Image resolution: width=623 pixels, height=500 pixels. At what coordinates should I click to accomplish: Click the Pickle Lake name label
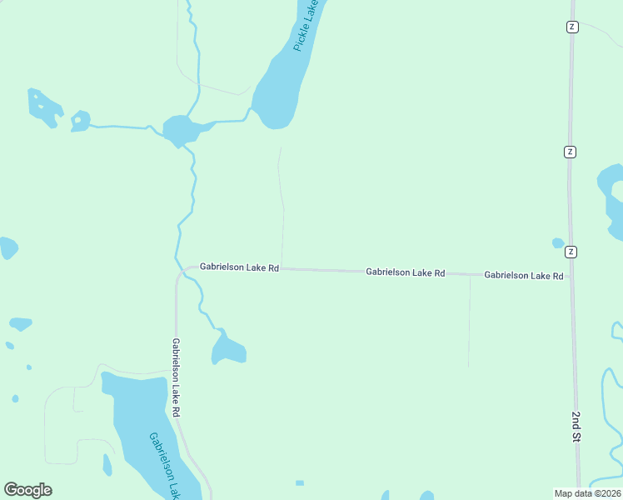coord(307,27)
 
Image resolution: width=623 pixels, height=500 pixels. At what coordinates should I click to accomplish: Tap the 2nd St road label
coord(576,426)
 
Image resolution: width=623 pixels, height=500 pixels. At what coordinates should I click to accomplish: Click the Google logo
coord(27,490)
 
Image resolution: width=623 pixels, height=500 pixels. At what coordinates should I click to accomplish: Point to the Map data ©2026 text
coord(587,493)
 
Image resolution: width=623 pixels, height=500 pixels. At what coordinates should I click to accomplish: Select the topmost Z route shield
coord(571,27)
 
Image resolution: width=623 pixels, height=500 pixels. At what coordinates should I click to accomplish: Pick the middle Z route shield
coord(570,152)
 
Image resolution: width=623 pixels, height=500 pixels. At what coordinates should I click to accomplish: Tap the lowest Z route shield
coord(571,252)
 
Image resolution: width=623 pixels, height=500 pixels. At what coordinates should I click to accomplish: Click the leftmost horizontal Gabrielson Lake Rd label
coord(239,268)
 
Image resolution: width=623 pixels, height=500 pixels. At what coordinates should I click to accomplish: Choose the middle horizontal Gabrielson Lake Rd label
coord(406,272)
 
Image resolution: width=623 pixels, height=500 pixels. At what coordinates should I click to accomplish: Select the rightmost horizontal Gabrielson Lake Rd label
coord(524,275)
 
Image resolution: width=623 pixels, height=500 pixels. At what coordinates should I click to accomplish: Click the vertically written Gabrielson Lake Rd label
coord(177,377)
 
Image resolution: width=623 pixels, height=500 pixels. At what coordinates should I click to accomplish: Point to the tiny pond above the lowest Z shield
coord(558,243)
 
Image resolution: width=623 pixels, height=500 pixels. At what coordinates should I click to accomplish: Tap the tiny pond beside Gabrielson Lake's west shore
coord(107,464)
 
